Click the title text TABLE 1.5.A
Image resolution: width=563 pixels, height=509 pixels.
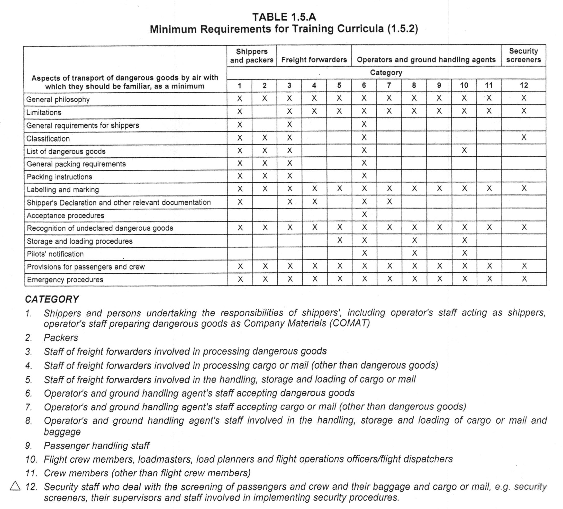pyautogui.click(x=284, y=17)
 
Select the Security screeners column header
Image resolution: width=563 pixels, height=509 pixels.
pyautogui.click(x=523, y=55)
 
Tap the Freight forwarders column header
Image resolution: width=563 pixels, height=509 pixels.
pyautogui.click(x=314, y=60)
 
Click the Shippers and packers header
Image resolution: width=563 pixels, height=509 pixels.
pyautogui.click(x=252, y=56)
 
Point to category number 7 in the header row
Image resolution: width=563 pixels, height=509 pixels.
pyautogui.click(x=389, y=85)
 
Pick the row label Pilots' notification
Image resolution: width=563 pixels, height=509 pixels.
pyautogui.click(x=55, y=254)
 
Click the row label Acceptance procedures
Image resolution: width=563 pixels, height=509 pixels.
pyautogui.click(x=65, y=215)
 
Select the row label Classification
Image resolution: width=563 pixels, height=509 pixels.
pyautogui.click(x=48, y=139)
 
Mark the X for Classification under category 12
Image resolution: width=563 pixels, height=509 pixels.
pyautogui.click(x=524, y=137)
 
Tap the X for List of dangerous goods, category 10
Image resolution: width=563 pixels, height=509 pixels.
pyautogui.click(x=464, y=150)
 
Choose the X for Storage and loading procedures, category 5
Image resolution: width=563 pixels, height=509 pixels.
pyautogui.click(x=340, y=240)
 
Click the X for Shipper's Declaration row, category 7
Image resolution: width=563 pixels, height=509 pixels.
pyautogui.click(x=389, y=202)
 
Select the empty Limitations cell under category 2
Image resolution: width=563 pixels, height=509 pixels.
pyautogui.click(x=265, y=112)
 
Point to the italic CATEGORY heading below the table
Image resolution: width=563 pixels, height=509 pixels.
pyautogui.click(x=52, y=299)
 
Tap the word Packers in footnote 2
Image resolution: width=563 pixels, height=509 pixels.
pyautogui.click(x=61, y=338)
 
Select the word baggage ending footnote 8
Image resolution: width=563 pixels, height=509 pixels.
pyautogui.click(x=62, y=432)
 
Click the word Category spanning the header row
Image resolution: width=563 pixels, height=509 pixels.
pyautogui.click(x=386, y=73)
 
